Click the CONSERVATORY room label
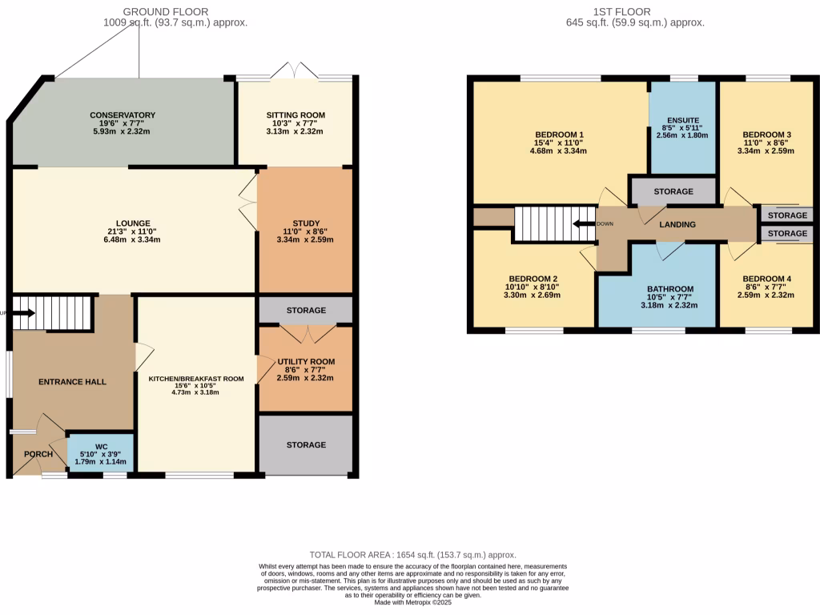[123, 115]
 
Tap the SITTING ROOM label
[295, 115]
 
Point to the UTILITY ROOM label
[304, 361]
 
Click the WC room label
[101, 447]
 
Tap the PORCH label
[38, 454]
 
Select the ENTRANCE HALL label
[73, 382]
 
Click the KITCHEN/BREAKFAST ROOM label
[196, 379]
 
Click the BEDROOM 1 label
[559, 135]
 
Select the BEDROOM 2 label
[533, 278]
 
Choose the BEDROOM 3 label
[766, 135]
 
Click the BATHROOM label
[670, 289]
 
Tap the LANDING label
[677, 225]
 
